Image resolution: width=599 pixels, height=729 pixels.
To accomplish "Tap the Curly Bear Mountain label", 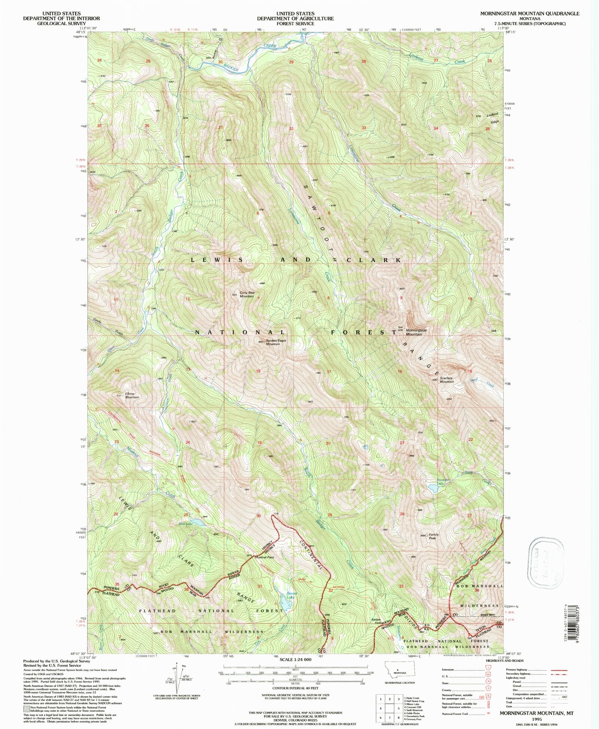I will (246, 294).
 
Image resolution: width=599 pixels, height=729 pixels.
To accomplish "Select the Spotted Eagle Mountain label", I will (273, 342).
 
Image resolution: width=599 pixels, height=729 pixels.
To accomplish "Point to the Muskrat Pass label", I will (264, 557).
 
